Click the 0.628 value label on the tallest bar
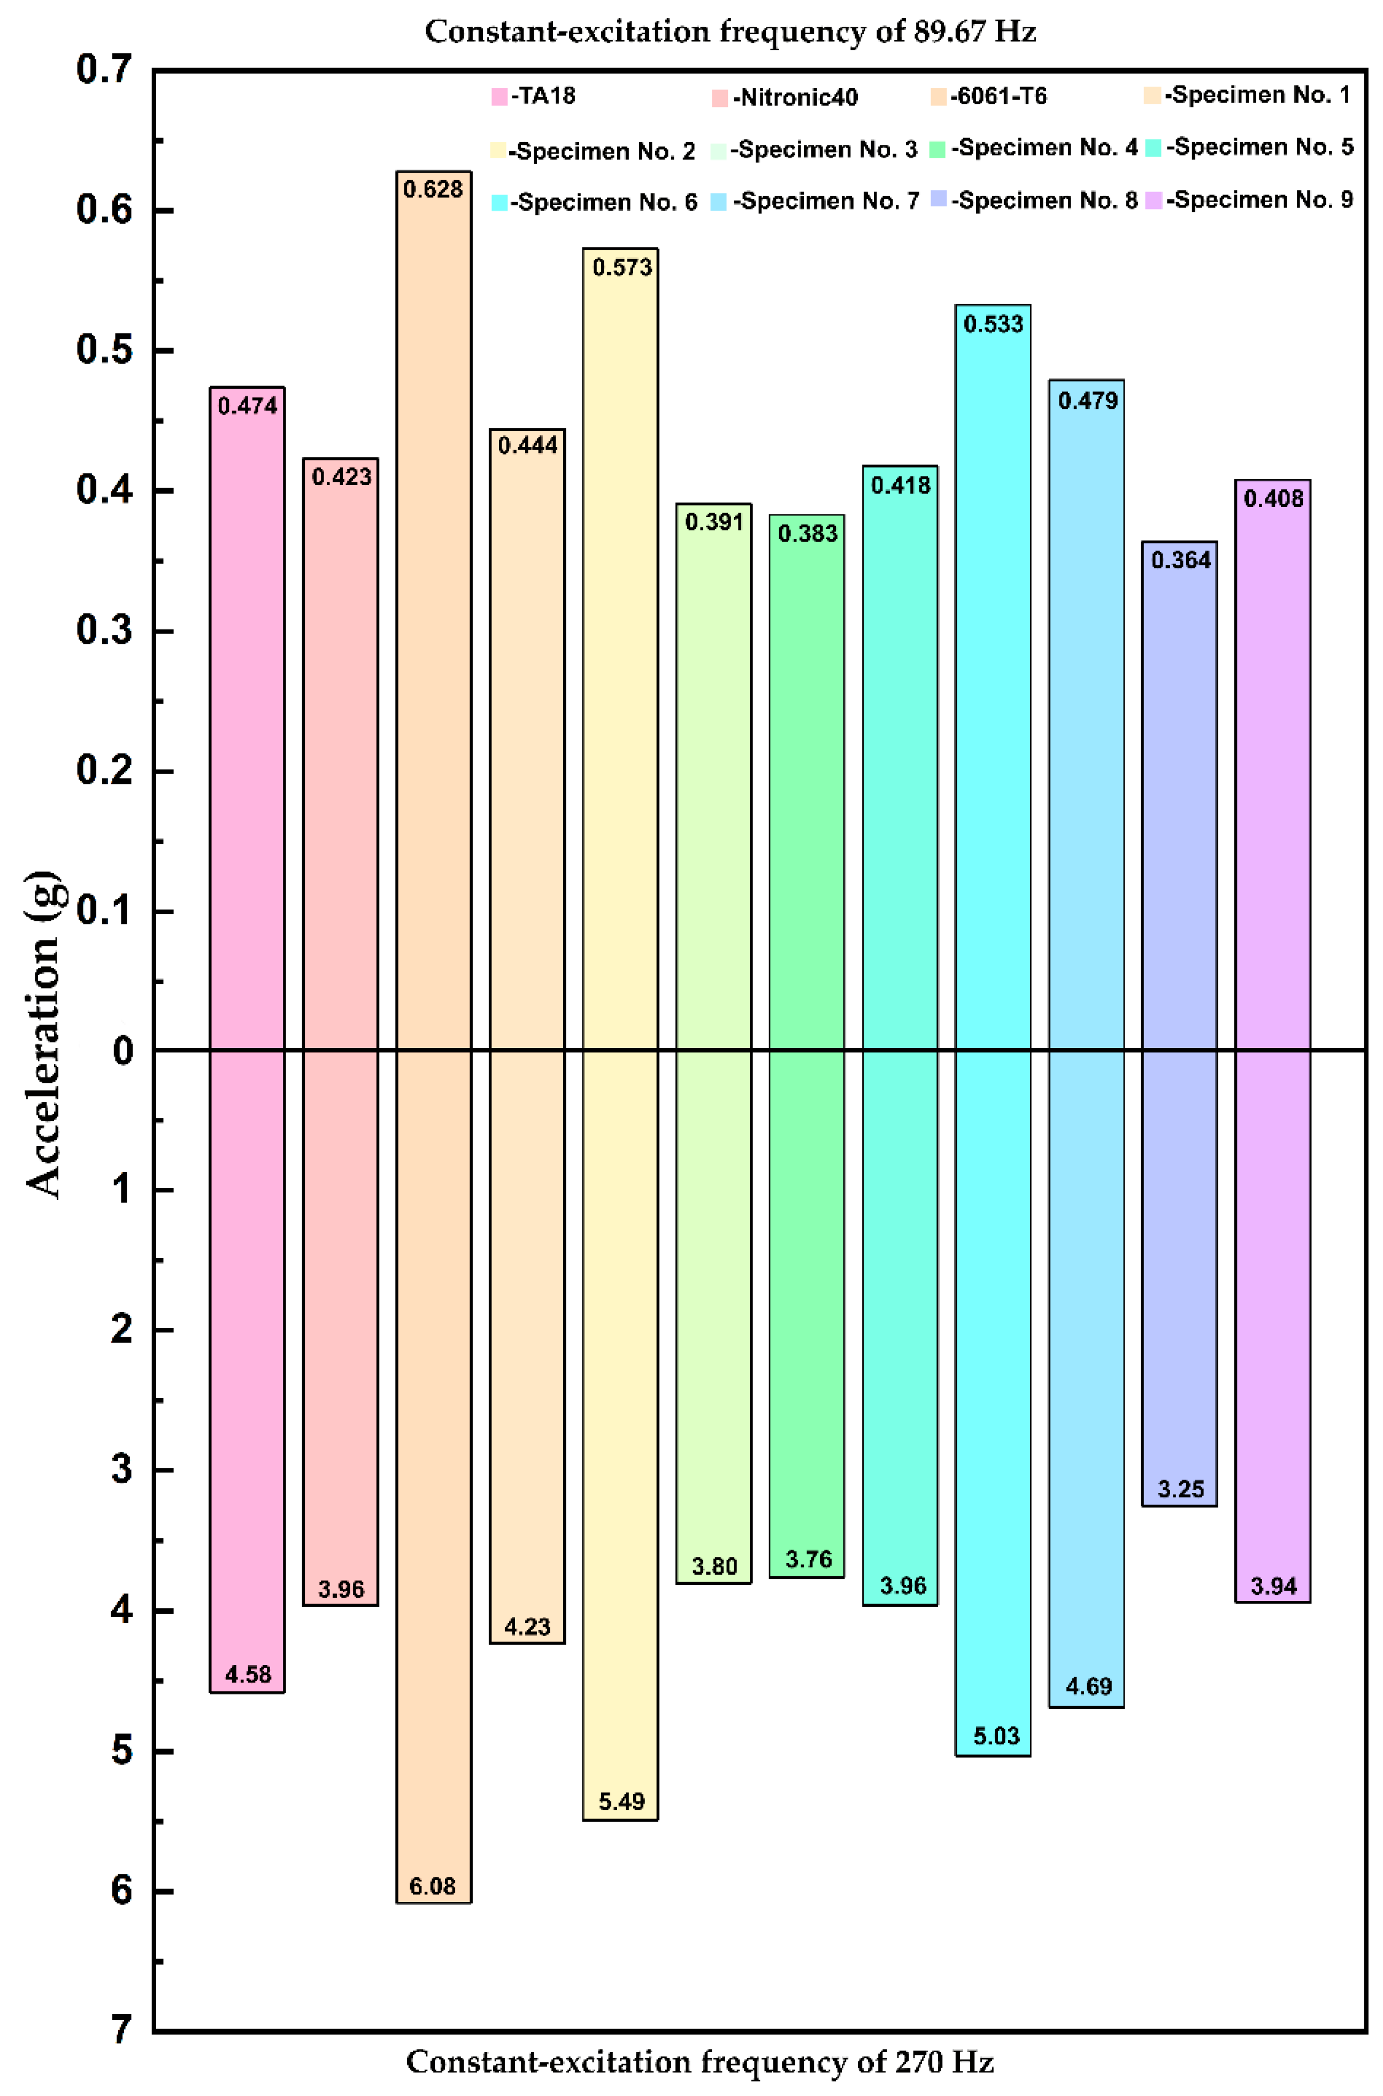[x=433, y=190]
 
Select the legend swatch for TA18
[x=499, y=97]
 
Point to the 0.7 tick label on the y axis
[x=104, y=70]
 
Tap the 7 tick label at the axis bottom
[x=122, y=2030]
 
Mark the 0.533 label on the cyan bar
[x=993, y=325]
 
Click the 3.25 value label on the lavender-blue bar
[x=1180, y=1489]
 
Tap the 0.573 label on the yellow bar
[x=622, y=267]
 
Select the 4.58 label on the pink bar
[x=248, y=1675]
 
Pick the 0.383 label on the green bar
[x=807, y=534]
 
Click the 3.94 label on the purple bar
[x=1273, y=1586]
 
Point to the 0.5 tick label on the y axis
[x=104, y=350]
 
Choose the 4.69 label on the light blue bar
[x=1088, y=1687]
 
